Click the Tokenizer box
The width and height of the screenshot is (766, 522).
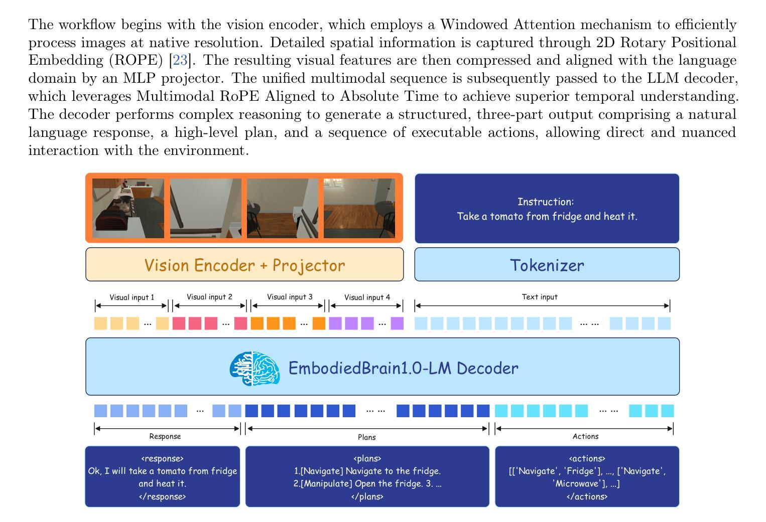(x=547, y=264)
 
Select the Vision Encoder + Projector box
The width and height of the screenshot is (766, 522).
(x=244, y=264)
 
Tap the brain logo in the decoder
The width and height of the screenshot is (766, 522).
(x=254, y=368)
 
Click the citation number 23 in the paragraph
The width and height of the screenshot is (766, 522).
(x=180, y=61)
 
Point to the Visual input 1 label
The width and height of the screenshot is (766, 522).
(x=132, y=297)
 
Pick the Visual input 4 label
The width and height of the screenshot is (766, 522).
(x=367, y=297)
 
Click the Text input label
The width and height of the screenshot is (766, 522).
(x=540, y=297)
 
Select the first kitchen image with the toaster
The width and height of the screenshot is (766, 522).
(x=128, y=208)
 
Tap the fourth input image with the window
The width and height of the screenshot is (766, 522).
(x=359, y=208)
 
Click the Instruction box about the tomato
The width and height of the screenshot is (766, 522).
(x=547, y=209)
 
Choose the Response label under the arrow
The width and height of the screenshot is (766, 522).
(x=165, y=436)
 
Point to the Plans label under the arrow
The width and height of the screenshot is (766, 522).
(x=366, y=437)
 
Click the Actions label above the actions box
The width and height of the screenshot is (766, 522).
(x=585, y=436)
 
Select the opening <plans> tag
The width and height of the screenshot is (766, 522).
(x=367, y=458)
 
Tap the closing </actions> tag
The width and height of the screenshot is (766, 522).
(x=587, y=496)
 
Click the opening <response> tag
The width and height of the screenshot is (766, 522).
(x=162, y=458)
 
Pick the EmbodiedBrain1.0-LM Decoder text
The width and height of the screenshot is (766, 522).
(x=403, y=368)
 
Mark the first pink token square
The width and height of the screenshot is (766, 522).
(x=179, y=323)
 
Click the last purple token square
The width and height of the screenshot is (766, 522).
(x=397, y=323)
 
